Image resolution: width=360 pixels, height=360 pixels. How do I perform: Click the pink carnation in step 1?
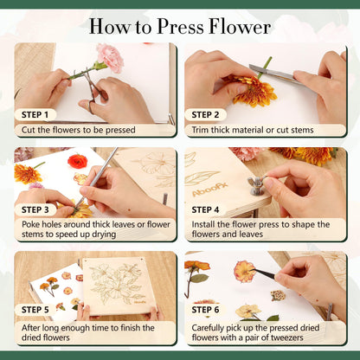pos(110,56)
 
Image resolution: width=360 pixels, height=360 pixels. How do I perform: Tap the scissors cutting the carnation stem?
pos(93,87)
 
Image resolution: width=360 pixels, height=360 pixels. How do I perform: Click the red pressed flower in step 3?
pos(78,161)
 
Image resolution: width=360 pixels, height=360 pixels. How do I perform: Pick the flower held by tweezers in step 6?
pos(245,271)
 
